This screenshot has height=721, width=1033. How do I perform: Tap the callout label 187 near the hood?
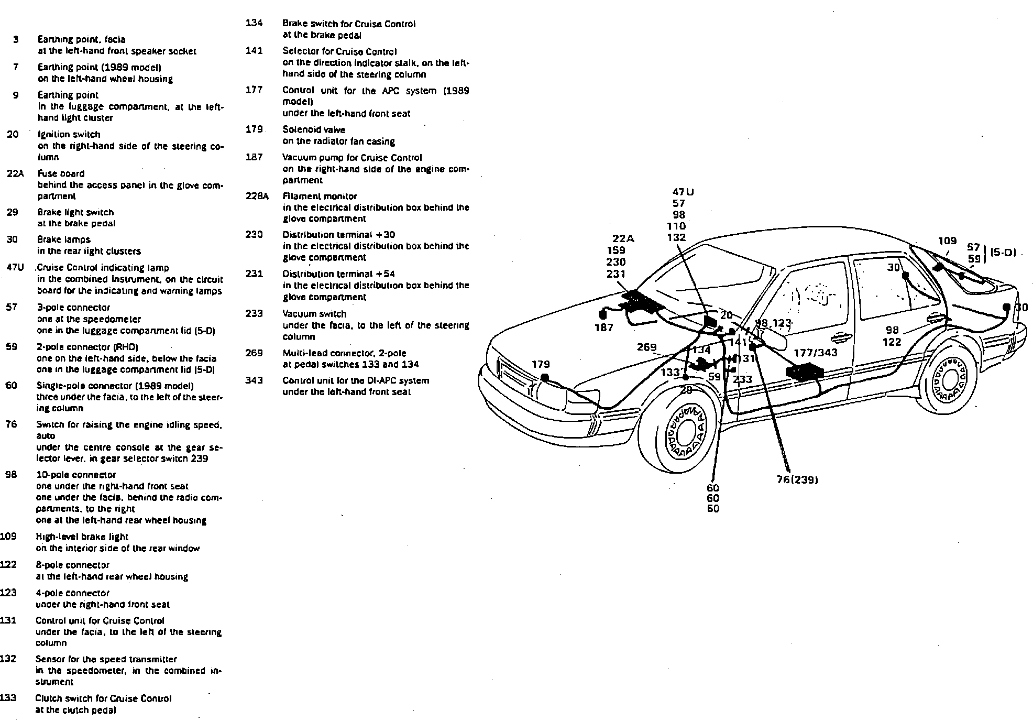603,328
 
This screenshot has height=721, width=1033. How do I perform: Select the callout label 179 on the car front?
541,364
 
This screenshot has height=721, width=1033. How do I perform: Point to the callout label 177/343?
815,353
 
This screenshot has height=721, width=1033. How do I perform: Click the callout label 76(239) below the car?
797,479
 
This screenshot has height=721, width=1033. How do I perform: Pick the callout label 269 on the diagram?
646,347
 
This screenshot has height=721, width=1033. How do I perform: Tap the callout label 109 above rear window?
947,241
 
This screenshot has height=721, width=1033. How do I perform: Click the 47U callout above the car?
683,192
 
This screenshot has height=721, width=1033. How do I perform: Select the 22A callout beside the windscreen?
623,239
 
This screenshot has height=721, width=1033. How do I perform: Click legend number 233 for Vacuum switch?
254,313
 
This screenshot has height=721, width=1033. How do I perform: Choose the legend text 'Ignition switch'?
69,134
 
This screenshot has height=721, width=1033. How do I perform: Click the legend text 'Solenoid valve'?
314,129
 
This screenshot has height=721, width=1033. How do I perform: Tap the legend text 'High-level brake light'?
82,537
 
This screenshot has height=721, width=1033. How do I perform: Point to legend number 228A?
257,196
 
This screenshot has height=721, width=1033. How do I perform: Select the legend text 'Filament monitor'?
320,196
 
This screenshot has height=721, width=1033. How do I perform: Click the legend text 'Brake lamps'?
63,239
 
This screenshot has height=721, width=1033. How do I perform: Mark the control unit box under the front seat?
804,373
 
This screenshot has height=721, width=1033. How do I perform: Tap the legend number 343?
254,380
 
